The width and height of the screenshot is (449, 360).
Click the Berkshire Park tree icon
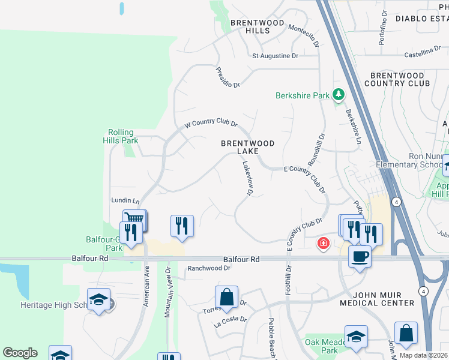[x=339, y=95]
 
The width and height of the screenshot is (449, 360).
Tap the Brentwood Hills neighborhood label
[x=250, y=26]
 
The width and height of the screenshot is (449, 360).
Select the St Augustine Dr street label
[x=275, y=56]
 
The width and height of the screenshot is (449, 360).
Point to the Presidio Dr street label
[x=228, y=77]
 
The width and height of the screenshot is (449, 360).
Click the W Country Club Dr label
[x=210, y=123]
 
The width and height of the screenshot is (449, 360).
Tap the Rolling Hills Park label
[x=123, y=136]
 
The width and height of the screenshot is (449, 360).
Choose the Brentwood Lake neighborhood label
[x=247, y=147]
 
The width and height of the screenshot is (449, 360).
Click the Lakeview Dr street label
[x=246, y=178]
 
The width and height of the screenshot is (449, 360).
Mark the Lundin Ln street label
[x=125, y=200]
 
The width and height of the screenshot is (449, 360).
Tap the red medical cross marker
[x=324, y=243]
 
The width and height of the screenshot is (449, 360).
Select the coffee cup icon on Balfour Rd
[x=360, y=256]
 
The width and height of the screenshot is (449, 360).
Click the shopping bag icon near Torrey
[x=227, y=297]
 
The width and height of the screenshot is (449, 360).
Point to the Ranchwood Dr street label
[x=209, y=268]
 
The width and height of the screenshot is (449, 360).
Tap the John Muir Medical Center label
[x=376, y=299]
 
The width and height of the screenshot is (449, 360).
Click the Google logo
[x=20, y=353]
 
